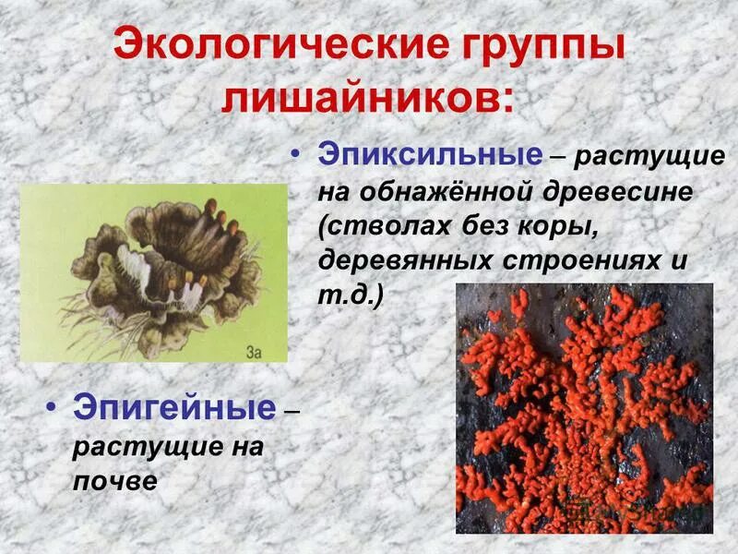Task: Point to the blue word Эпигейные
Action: click(x=173, y=407)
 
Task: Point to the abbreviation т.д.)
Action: click(x=351, y=295)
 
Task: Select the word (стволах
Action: click(x=379, y=225)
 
